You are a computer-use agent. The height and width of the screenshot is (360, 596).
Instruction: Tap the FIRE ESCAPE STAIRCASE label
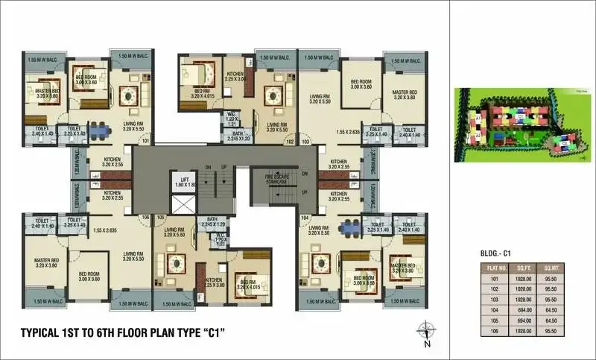tap(277, 178)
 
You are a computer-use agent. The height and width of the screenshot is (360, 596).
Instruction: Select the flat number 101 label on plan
tap(145, 141)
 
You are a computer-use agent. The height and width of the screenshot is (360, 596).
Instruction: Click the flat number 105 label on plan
tap(160, 218)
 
